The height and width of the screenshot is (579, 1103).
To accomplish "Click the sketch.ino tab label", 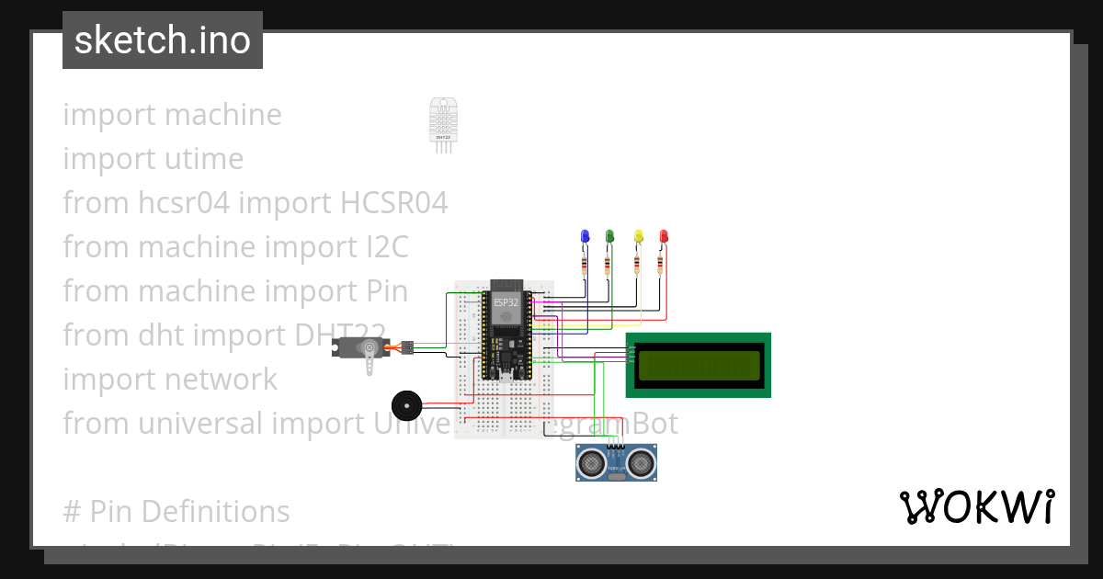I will (163, 40).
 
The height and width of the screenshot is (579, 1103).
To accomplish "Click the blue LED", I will (584, 237).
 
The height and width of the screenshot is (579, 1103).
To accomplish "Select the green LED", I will (608, 237).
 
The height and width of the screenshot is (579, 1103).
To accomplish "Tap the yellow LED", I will (639, 237).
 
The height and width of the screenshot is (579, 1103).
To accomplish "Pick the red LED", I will (664, 237).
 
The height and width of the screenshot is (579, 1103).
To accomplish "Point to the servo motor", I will (363, 349).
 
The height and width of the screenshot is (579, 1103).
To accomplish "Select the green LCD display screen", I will (699, 365).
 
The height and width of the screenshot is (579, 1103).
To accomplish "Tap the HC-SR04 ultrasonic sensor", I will (616, 463).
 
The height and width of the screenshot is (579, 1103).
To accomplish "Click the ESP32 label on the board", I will (506, 301).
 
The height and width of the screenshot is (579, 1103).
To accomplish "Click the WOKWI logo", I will (976, 507).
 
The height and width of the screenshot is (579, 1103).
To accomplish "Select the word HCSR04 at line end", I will (394, 203).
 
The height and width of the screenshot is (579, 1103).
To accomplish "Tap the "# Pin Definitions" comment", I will (176, 512).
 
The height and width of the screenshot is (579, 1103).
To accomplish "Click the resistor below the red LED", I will (661, 266).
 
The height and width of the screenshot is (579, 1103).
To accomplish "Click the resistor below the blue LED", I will (583, 266).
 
